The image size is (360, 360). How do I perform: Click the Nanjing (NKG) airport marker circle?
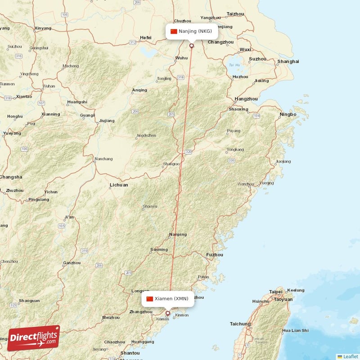pyautogui.click(x=192, y=45)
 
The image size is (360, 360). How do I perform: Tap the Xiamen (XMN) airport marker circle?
pyautogui.click(x=168, y=313)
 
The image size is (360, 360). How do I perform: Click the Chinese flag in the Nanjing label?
pyautogui.click(x=174, y=31)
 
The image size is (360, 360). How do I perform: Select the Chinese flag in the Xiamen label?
pyautogui.click(x=150, y=299)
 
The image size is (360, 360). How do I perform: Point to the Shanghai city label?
pyautogui.click(x=288, y=61)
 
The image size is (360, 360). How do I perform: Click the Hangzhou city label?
pyautogui.click(x=247, y=99)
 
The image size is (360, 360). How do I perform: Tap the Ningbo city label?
pyautogui.click(x=288, y=114)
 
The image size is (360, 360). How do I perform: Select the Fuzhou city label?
pyautogui.click(x=214, y=255)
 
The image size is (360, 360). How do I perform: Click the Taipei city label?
pyautogui.click(x=276, y=292)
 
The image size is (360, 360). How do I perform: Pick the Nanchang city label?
pyautogui.click(x=103, y=159)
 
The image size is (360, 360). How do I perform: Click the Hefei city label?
pyautogui.click(x=146, y=37)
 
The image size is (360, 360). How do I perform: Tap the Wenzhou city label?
pyautogui.click(x=246, y=184)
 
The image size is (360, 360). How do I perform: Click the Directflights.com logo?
pyautogui.click(x=34, y=338)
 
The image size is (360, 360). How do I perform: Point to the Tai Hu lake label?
pyautogui.click(x=234, y=65)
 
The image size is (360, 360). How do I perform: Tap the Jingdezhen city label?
pyautogui.click(x=146, y=135)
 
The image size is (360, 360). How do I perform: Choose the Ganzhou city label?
pyautogui.click(x=72, y=263)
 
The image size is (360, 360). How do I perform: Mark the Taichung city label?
pyautogui.click(x=240, y=324)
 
